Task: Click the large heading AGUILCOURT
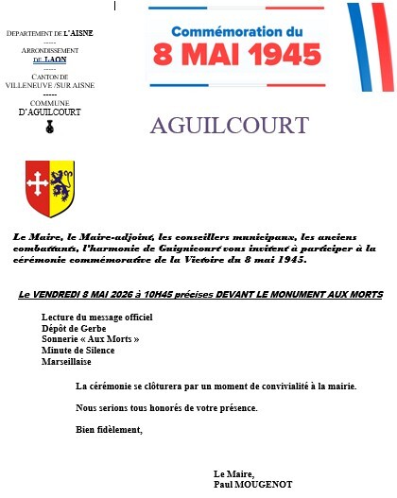(229, 126)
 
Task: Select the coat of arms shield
(49, 187)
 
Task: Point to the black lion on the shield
(60, 184)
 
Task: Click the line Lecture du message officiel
(96, 317)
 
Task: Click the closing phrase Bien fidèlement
(109, 430)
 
